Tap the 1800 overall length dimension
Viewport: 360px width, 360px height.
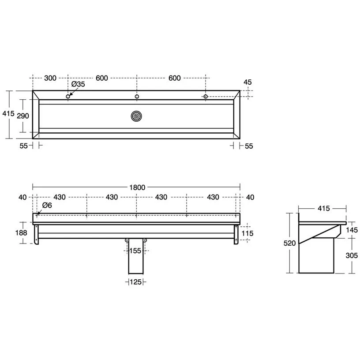pyautogui.click(x=137, y=187)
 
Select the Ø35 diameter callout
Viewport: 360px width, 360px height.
pyautogui.click(x=78, y=85)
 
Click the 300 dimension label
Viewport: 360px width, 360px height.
pyautogui.click(x=50, y=78)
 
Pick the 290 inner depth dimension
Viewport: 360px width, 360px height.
pyautogui.click(x=22, y=116)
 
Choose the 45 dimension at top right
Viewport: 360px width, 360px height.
pyautogui.click(x=247, y=82)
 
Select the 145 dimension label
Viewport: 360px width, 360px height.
pyautogui.click(x=352, y=229)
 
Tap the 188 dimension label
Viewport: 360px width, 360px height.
pyautogui.click(x=21, y=232)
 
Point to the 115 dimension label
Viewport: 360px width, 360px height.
pyautogui.click(x=248, y=232)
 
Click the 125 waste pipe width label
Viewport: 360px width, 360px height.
pyautogui.click(x=137, y=282)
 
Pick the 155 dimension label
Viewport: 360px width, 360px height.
pyautogui.click(x=136, y=251)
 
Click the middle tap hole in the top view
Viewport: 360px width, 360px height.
pyautogui.click(x=137, y=97)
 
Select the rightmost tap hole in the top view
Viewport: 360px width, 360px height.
pyautogui.click(x=205, y=97)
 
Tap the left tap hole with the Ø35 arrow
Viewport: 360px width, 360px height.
pyautogui.click(x=68, y=97)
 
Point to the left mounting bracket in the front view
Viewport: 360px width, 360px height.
pyautogui.click(x=36, y=233)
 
